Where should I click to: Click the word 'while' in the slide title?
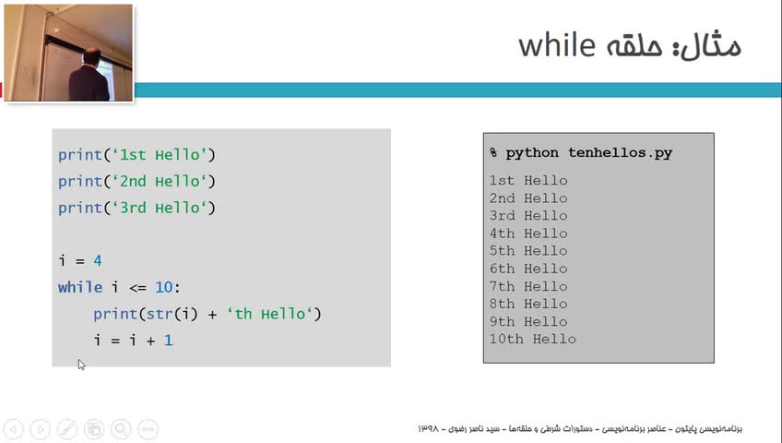tap(557, 45)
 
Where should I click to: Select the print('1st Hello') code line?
tap(136, 155)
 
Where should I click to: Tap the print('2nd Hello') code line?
tap(136, 181)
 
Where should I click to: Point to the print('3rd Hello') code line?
tap(136, 208)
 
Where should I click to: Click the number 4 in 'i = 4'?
tap(98, 260)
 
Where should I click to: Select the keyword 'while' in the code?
tap(80, 287)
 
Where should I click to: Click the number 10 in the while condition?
tap(163, 287)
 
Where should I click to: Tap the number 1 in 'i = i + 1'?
tap(169, 341)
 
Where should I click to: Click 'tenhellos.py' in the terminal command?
tap(620, 152)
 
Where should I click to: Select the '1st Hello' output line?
tap(528, 180)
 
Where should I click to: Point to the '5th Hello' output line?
tap(528, 250)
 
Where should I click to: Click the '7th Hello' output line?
tap(528, 286)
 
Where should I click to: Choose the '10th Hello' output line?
tap(533, 339)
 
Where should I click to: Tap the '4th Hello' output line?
tap(528, 233)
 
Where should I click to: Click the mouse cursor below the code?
tap(81, 365)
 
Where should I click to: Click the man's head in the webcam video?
tap(91, 57)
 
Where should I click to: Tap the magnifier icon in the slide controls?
tap(121, 429)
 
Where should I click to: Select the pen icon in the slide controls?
tap(66, 429)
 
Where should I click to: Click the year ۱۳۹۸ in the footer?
tap(428, 428)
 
